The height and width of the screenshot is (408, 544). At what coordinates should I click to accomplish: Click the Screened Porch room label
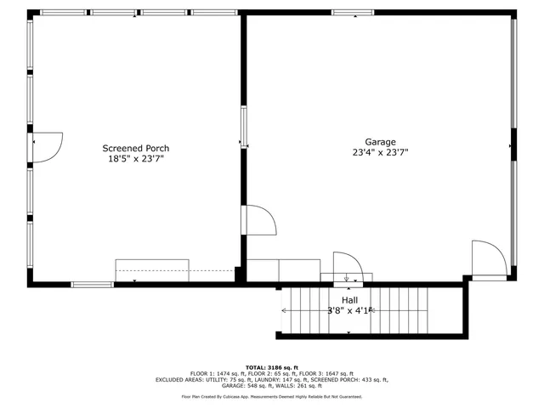(136, 147)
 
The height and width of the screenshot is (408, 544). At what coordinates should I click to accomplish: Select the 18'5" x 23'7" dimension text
(136, 158)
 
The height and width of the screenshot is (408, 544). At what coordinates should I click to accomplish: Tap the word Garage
(380, 142)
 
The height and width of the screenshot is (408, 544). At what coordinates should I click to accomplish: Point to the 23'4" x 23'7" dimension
(380, 153)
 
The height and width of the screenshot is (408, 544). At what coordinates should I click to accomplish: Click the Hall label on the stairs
(349, 300)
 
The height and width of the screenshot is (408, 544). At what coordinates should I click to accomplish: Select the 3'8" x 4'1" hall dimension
(349, 310)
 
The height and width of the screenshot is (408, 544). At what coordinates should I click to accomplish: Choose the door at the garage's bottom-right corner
(488, 258)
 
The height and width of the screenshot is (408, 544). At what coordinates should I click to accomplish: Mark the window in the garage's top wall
(353, 13)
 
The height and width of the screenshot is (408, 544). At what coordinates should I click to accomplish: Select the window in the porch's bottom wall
(92, 284)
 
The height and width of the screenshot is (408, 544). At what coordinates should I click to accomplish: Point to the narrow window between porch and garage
(243, 127)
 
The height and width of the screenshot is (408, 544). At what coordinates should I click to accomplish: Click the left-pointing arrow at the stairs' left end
(283, 311)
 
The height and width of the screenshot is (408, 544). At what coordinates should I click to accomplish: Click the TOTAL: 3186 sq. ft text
(271, 367)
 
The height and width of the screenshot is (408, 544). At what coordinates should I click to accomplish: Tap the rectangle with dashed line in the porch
(151, 270)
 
